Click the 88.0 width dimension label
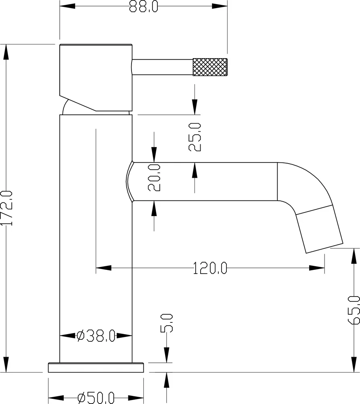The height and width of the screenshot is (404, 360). click(x=143, y=7)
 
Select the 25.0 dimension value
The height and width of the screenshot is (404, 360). click(x=195, y=137)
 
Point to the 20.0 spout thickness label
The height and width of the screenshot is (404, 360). click(x=154, y=177)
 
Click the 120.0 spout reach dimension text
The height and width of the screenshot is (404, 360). click(x=210, y=268)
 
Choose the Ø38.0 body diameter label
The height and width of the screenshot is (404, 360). click(x=96, y=335)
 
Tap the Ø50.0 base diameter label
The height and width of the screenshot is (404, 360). click(x=96, y=398)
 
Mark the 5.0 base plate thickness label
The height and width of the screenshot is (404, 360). click(x=167, y=323)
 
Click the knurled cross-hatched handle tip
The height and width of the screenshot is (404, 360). click(x=210, y=67)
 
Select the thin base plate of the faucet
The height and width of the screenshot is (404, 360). click(x=96, y=368)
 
